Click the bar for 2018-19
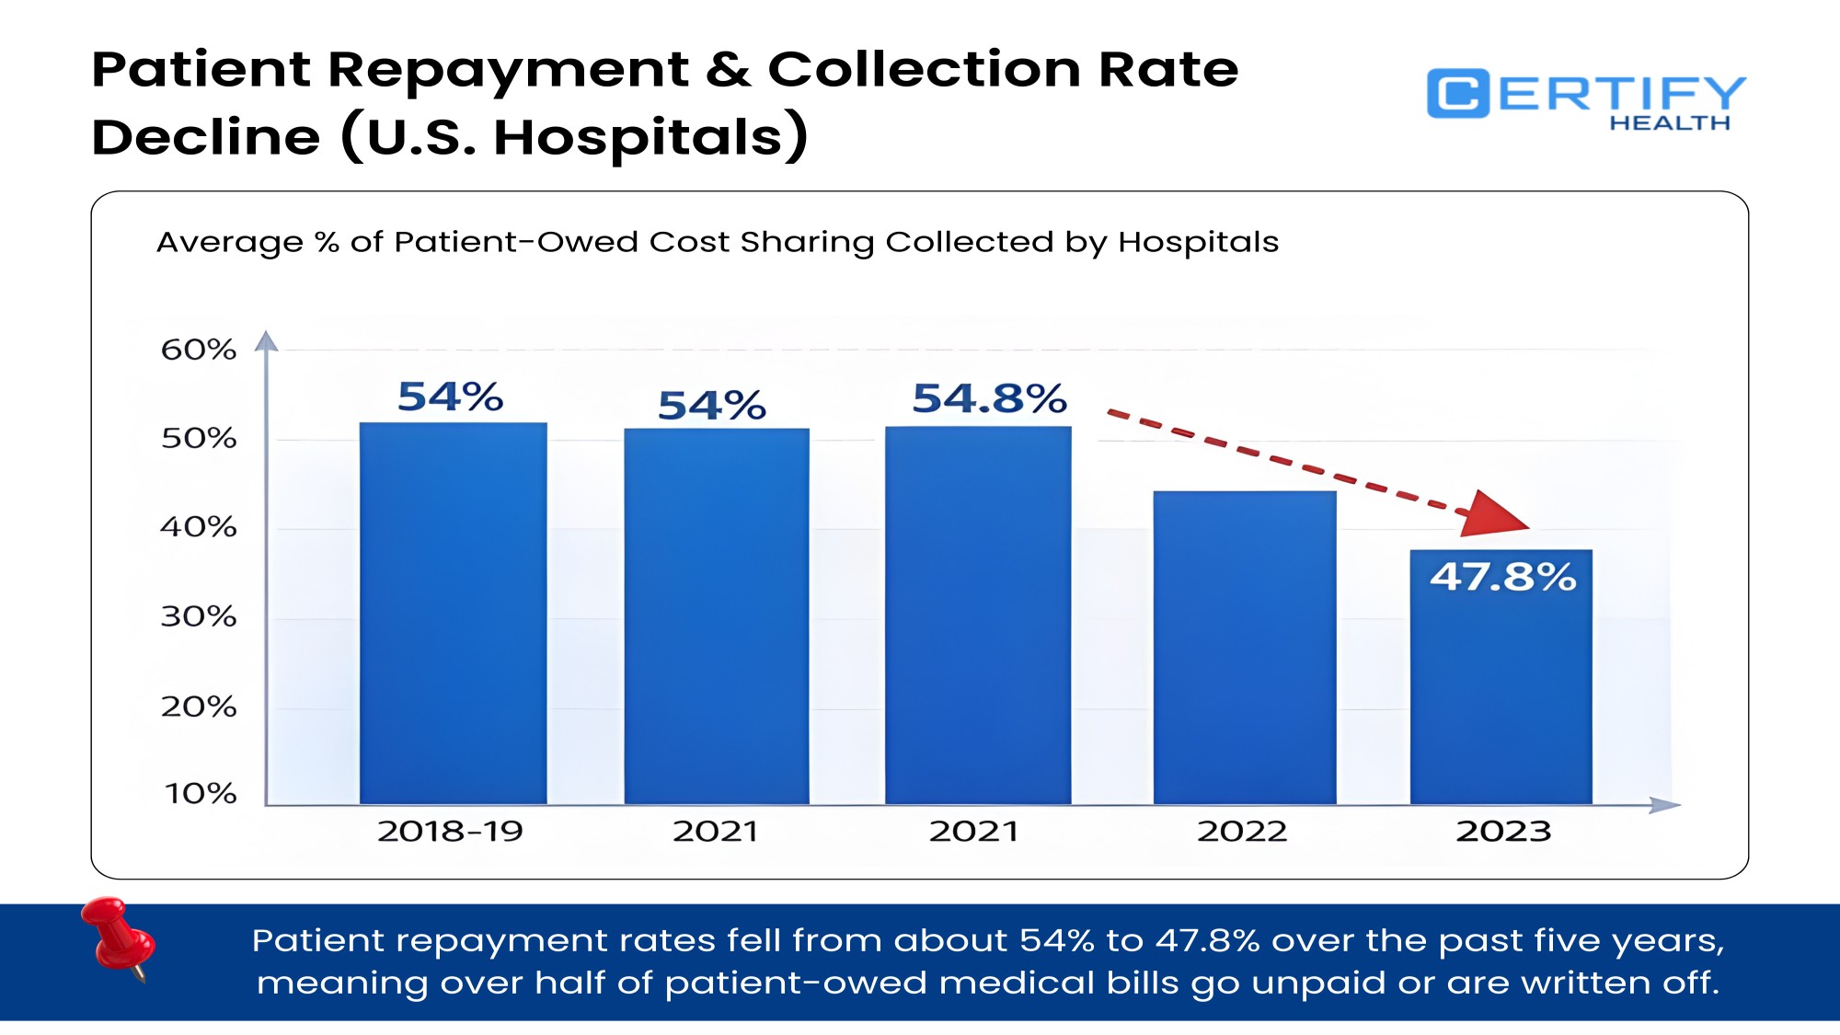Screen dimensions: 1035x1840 453,613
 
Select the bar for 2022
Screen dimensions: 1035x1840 1244,648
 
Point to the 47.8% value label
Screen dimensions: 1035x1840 1502,577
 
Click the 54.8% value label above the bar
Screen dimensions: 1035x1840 989,398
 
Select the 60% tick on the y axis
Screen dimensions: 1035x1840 199,350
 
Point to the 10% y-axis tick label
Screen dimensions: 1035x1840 201,793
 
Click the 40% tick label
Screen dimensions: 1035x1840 199,527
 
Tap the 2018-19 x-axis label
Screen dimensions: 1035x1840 450,831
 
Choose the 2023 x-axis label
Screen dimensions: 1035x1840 1502,831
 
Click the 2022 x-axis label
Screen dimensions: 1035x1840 1241,831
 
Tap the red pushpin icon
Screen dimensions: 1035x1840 118,937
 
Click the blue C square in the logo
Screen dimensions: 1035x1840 1457,94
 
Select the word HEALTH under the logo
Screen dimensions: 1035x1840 1669,123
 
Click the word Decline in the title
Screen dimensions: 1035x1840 206,138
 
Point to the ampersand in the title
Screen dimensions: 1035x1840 728,70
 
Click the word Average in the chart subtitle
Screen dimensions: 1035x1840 229,242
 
